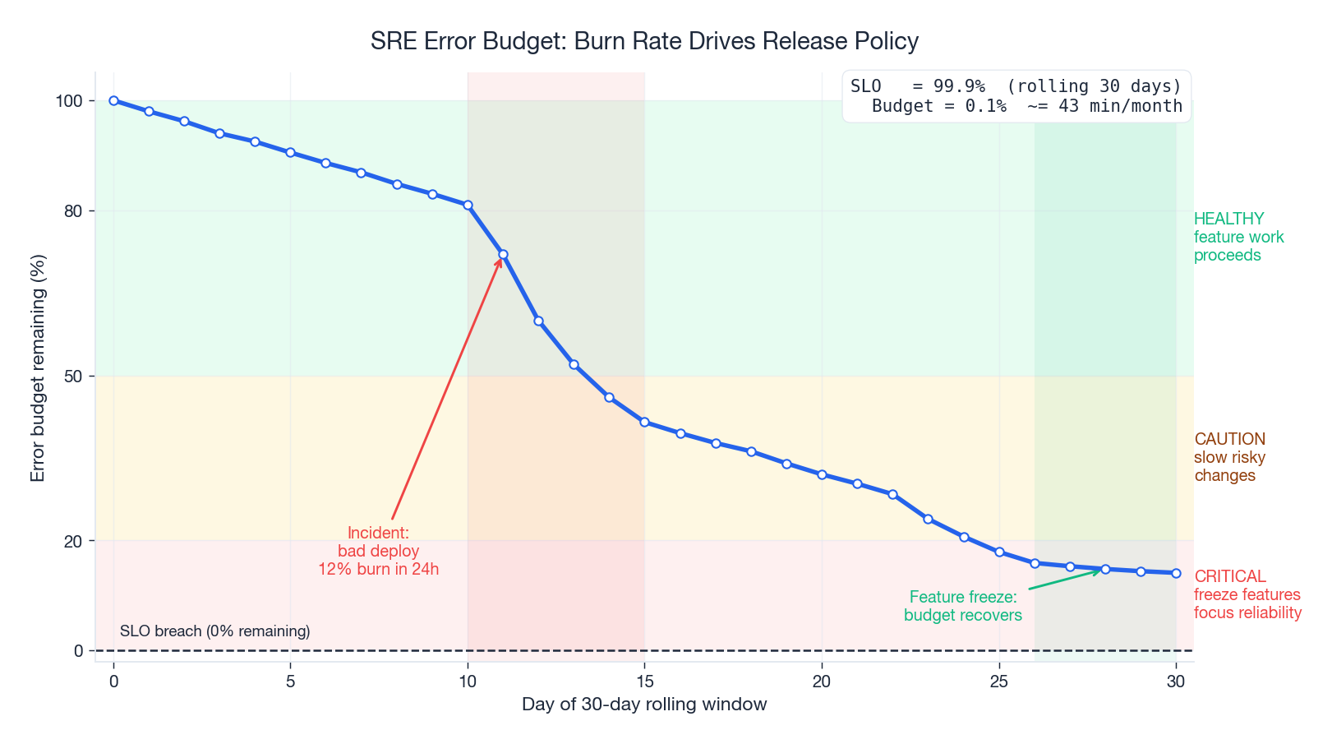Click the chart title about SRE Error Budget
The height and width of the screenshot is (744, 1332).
(644, 41)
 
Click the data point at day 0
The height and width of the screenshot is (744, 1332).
(114, 100)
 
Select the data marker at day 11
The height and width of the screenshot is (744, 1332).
(503, 255)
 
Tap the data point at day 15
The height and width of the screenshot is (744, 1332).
(644, 422)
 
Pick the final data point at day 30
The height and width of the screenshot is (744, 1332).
(1176, 573)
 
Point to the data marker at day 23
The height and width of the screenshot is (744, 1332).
(928, 519)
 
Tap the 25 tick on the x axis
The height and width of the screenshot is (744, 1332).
(998, 681)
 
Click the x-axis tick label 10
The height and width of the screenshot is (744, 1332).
(468, 681)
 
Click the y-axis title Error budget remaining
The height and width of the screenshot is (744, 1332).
(38, 367)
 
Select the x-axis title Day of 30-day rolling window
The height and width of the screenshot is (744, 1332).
(644, 705)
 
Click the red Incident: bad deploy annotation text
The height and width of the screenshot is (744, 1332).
(379, 551)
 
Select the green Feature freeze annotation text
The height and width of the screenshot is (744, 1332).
(963, 606)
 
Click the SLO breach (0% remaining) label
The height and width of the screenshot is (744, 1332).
(215, 631)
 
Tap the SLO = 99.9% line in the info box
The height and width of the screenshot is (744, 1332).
(1016, 86)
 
